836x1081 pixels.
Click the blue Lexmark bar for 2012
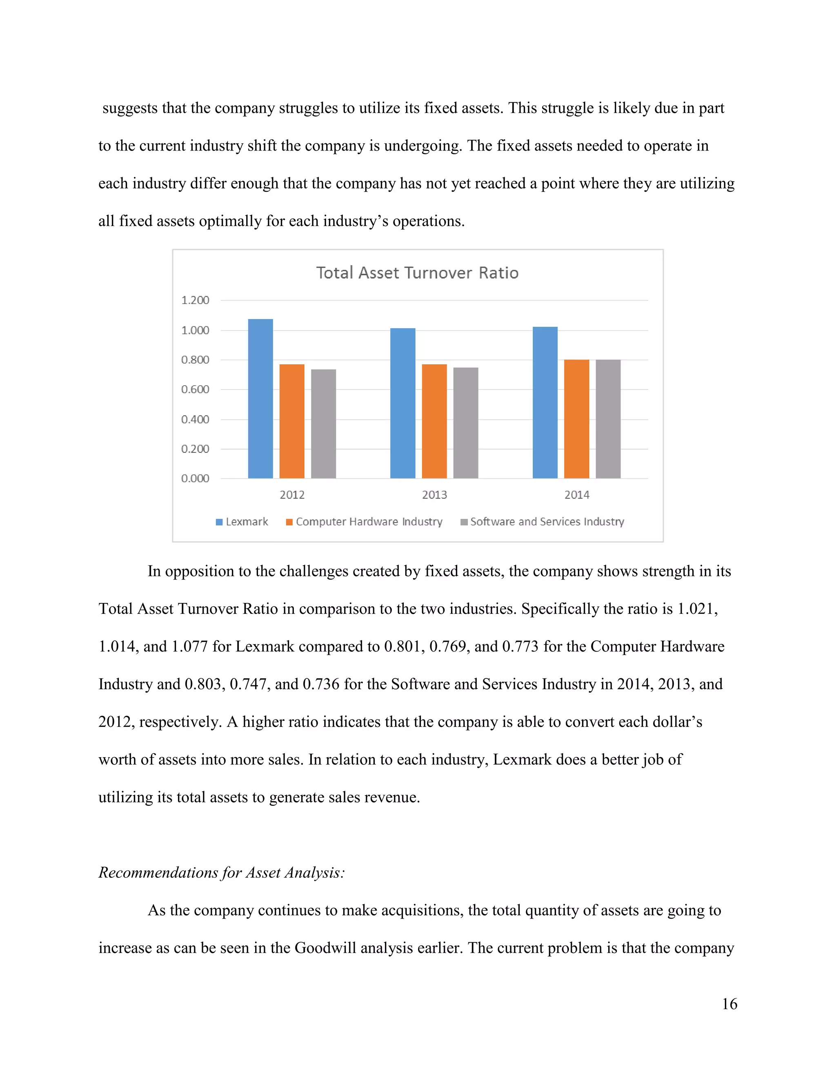click(260, 399)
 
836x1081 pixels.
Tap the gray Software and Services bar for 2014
click(608, 419)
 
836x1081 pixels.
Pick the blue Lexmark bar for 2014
click(545, 402)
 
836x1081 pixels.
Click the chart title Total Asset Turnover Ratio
click(417, 273)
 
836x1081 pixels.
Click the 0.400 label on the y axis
click(195, 420)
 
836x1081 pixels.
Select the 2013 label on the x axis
click(434, 495)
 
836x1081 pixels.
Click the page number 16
click(729, 1004)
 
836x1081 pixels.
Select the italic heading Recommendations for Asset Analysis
click(221, 872)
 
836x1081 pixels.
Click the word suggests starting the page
click(130, 108)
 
